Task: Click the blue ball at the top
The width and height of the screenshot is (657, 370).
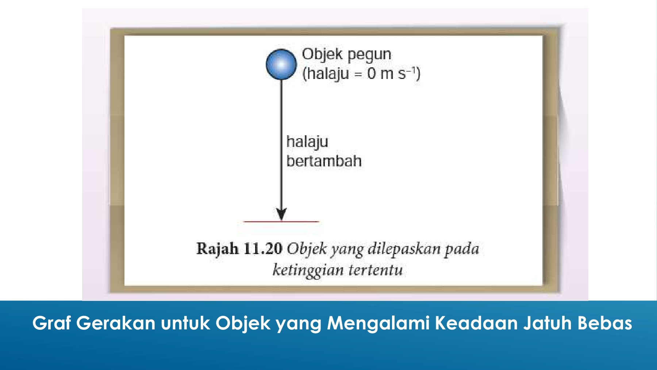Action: (x=281, y=64)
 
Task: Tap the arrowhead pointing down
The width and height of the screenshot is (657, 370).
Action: (x=281, y=214)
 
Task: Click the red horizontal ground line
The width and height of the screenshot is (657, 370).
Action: (x=281, y=222)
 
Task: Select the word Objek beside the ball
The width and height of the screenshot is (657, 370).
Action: (x=322, y=55)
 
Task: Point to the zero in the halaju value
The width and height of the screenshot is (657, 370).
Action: (x=372, y=73)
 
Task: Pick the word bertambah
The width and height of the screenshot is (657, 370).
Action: (x=324, y=161)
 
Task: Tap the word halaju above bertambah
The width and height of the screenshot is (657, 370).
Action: (x=307, y=142)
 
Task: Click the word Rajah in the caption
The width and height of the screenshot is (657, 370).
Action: (x=218, y=249)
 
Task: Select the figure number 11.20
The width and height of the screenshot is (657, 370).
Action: (x=263, y=249)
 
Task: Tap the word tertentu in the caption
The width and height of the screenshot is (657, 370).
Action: (x=376, y=270)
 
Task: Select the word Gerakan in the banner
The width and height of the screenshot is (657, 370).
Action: (x=116, y=323)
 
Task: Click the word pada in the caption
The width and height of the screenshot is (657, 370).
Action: (x=462, y=249)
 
